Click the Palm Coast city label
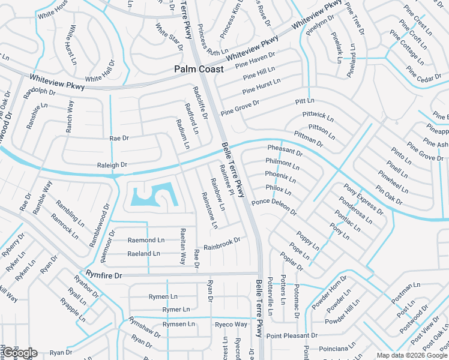click(199, 69)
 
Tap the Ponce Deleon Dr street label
click(274, 206)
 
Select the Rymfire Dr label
click(104, 275)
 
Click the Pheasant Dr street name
click(285, 150)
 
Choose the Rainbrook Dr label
click(221, 244)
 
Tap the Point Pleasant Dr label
click(292, 335)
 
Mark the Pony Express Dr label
click(363, 198)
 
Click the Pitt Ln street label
click(305, 101)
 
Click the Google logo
click(19, 353)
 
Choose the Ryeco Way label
click(231, 325)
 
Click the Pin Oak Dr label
click(388, 194)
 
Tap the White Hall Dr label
click(100, 72)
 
